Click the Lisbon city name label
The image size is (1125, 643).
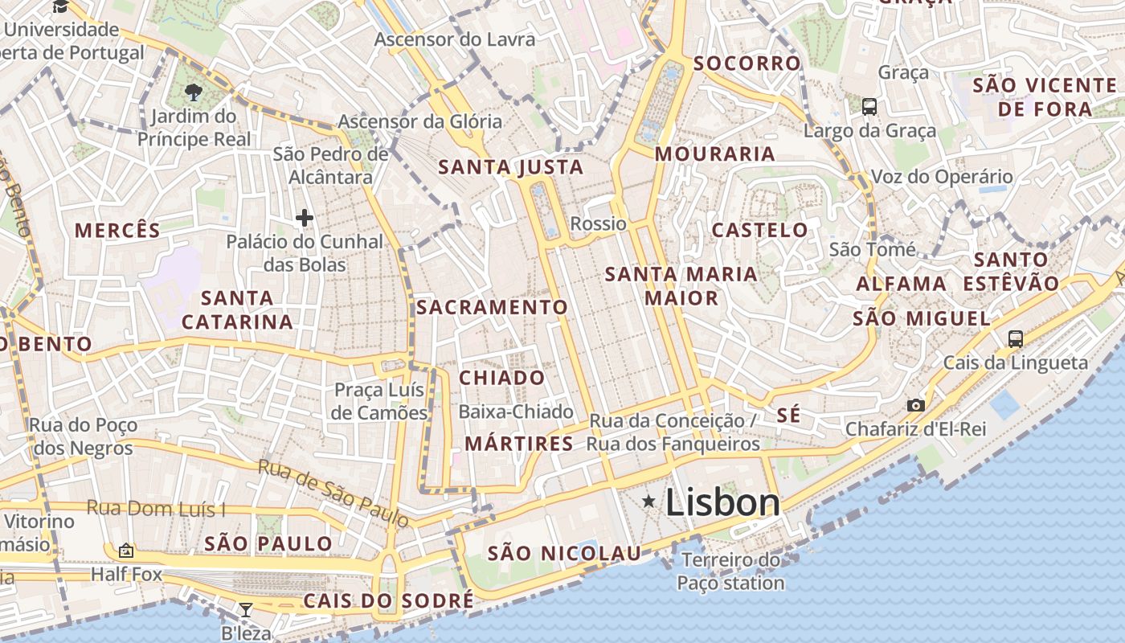click(722, 503)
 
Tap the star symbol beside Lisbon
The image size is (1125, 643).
click(648, 502)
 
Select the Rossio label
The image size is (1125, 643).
click(598, 223)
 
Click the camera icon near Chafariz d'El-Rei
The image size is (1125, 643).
click(915, 406)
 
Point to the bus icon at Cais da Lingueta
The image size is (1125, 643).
click(1016, 339)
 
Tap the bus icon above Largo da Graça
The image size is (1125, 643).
click(869, 106)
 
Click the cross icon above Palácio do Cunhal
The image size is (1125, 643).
click(305, 217)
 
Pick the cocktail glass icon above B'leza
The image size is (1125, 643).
click(246, 610)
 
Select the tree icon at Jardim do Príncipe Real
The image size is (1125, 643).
click(193, 92)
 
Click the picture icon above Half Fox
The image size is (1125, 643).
click(125, 551)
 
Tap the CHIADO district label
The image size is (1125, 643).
click(501, 378)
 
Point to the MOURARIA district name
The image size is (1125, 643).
click(714, 154)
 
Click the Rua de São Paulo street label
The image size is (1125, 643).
click(333, 494)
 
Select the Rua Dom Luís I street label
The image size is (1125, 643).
click(156, 508)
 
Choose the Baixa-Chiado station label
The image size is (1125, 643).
click(516, 412)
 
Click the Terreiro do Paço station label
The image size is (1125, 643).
click(730, 571)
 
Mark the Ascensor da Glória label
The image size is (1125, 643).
click(419, 122)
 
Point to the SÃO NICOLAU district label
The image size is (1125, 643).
click(564, 553)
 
